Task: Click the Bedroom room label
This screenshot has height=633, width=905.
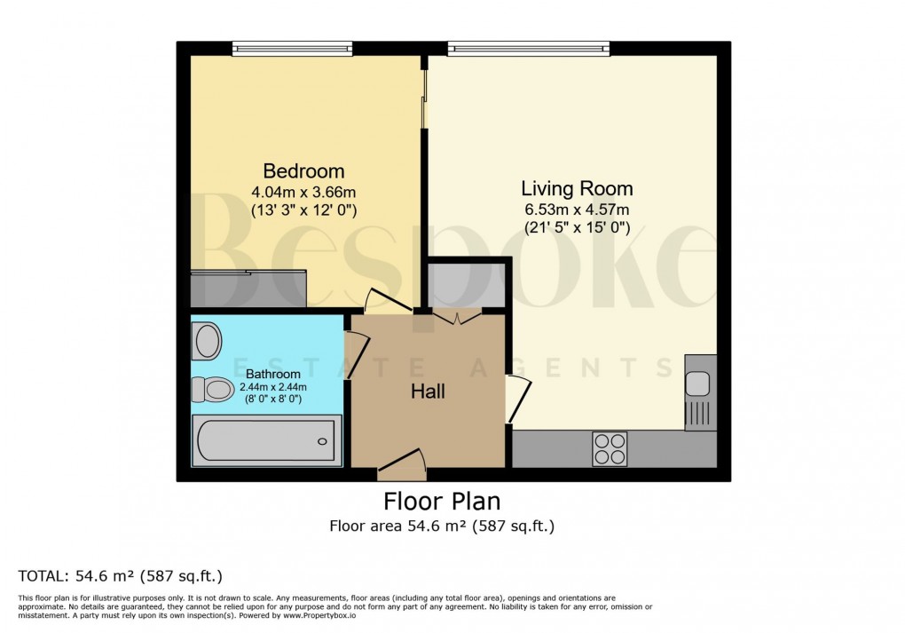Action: point(303,170)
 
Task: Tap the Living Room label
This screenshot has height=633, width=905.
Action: point(577,188)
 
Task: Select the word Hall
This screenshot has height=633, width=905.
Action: point(428,391)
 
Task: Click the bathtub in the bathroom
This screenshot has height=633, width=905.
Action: point(265,440)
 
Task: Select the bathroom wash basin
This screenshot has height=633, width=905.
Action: point(208,341)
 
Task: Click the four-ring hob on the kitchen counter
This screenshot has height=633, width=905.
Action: point(609,447)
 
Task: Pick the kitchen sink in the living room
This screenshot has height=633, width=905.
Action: point(697,384)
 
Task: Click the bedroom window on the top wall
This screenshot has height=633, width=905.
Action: point(292,48)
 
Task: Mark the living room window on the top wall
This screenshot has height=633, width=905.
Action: point(528,48)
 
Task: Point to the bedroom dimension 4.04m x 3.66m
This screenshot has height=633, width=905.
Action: point(303,192)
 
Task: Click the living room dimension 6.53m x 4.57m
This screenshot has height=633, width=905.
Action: point(577,210)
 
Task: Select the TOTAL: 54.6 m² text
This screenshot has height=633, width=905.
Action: point(120,575)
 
